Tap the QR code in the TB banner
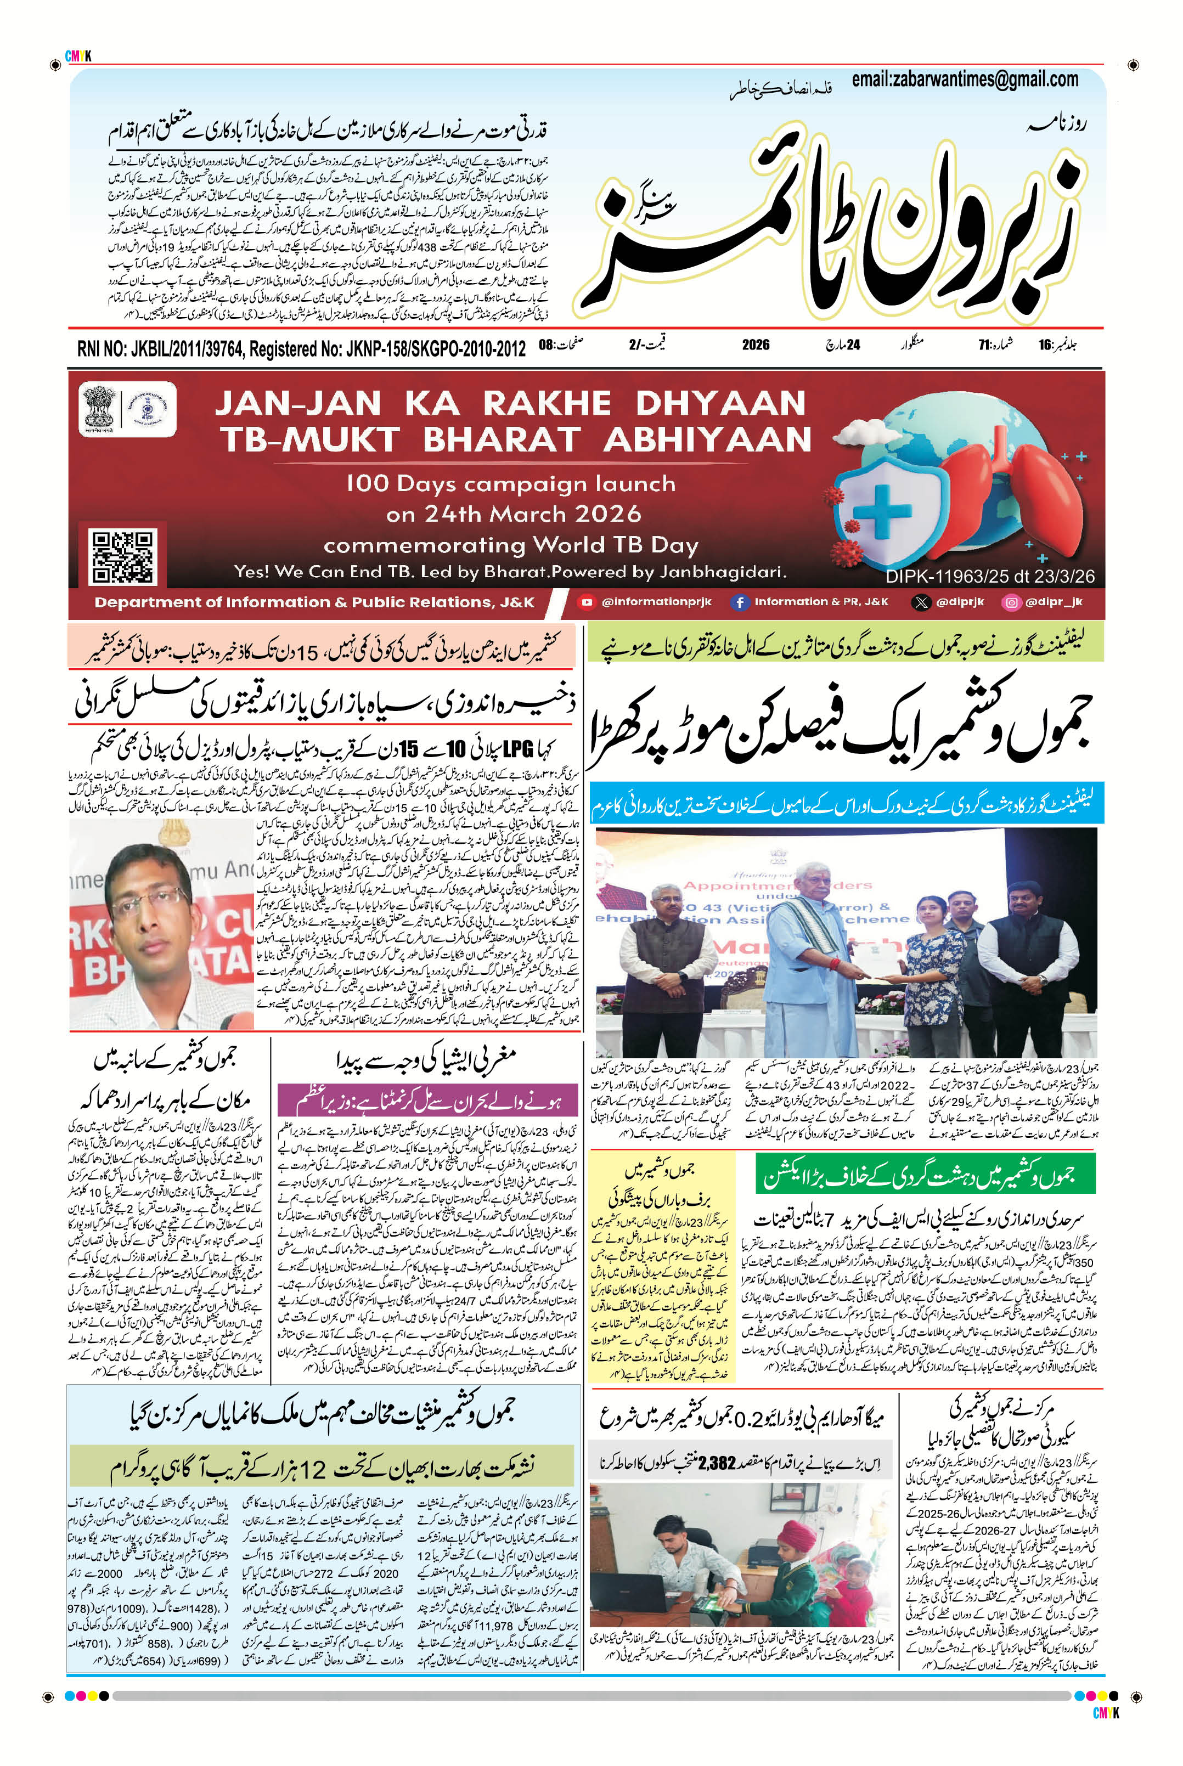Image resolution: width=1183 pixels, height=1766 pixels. (122, 557)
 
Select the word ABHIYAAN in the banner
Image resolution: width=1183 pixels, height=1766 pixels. (707, 440)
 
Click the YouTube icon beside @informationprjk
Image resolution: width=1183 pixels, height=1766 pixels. (586, 602)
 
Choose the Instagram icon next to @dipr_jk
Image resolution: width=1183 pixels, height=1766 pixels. (1011, 602)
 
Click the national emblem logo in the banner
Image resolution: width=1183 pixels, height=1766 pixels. (99, 408)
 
